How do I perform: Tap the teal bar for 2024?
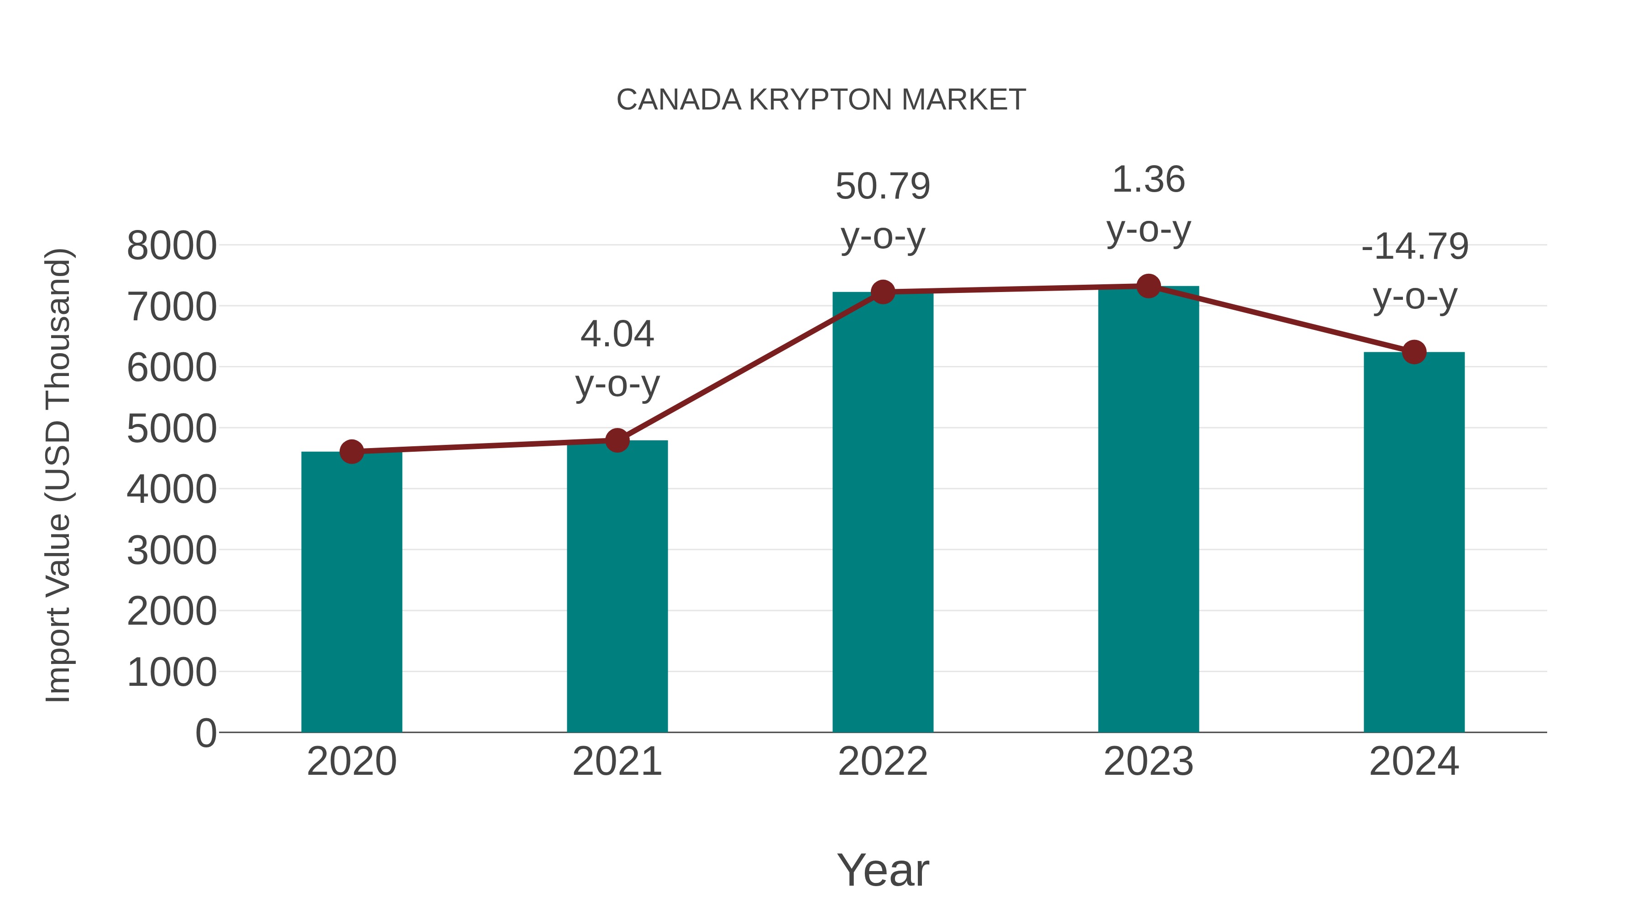[x=1414, y=542]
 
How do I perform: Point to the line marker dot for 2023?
[x=1149, y=286]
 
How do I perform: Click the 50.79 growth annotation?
[x=883, y=186]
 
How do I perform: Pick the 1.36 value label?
[x=1149, y=180]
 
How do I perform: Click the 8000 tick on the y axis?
[x=172, y=245]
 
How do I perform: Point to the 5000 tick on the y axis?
[x=172, y=428]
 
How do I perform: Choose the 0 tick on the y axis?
[x=206, y=733]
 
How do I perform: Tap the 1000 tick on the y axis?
[x=172, y=672]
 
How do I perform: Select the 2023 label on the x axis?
[x=1149, y=762]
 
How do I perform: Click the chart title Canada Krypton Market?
[x=821, y=100]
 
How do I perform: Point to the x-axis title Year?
[x=883, y=870]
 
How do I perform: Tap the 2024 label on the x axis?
[x=1414, y=762]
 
